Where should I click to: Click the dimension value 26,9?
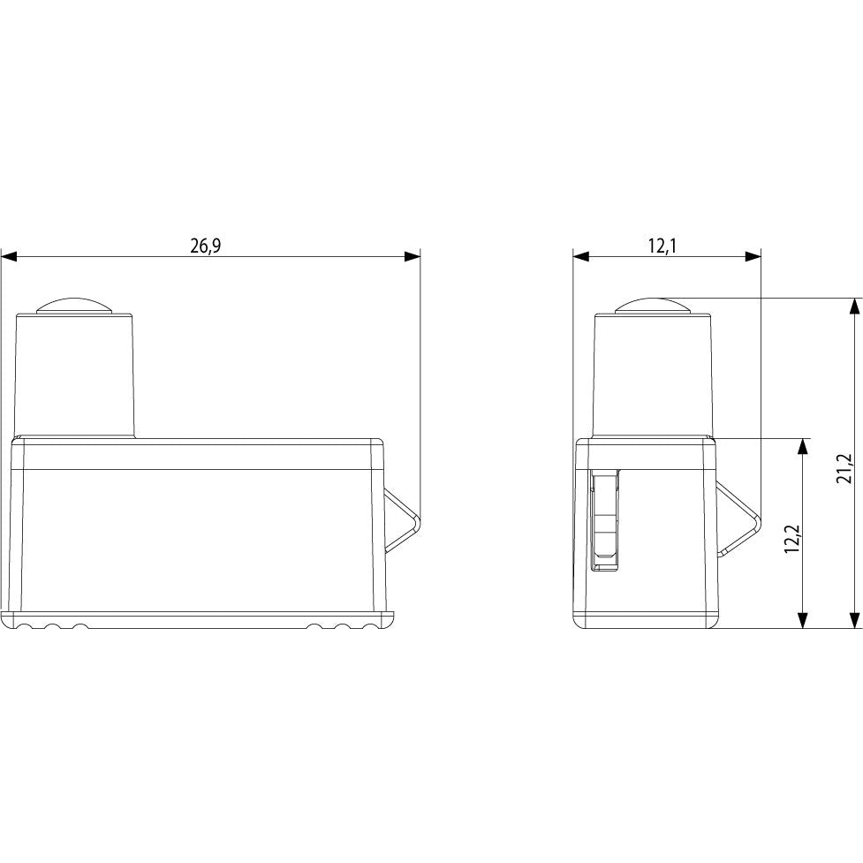[205, 246]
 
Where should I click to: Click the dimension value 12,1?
[662, 246]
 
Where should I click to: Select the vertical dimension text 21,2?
[844, 468]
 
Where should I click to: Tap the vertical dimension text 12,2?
[793, 537]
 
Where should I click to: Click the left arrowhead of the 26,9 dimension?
[9, 256]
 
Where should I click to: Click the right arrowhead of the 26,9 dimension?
[413, 256]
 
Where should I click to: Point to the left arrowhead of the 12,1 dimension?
[581, 256]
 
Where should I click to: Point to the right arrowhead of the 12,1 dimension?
[753, 256]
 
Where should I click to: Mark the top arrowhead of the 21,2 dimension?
[853, 307]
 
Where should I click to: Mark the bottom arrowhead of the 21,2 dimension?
[853, 620]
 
